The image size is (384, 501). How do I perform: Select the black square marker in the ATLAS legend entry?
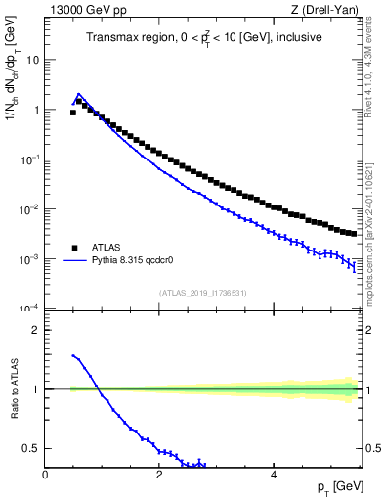[x=72, y=248]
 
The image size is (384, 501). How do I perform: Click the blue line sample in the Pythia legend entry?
[x=72, y=261]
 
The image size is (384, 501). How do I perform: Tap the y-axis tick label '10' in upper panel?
[x=33, y=60]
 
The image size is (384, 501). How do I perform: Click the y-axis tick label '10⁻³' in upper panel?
[x=31, y=259]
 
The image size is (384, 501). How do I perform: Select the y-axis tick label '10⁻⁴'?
[x=31, y=309]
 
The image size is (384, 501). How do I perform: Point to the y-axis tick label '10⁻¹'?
[x=31, y=159]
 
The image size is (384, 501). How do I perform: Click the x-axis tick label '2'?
[x=159, y=474]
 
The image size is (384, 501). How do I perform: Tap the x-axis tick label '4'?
[x=274, y=474]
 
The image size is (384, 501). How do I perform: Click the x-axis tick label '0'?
[x=46, y=474]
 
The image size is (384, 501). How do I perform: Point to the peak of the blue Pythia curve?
[x=79, y=95]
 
